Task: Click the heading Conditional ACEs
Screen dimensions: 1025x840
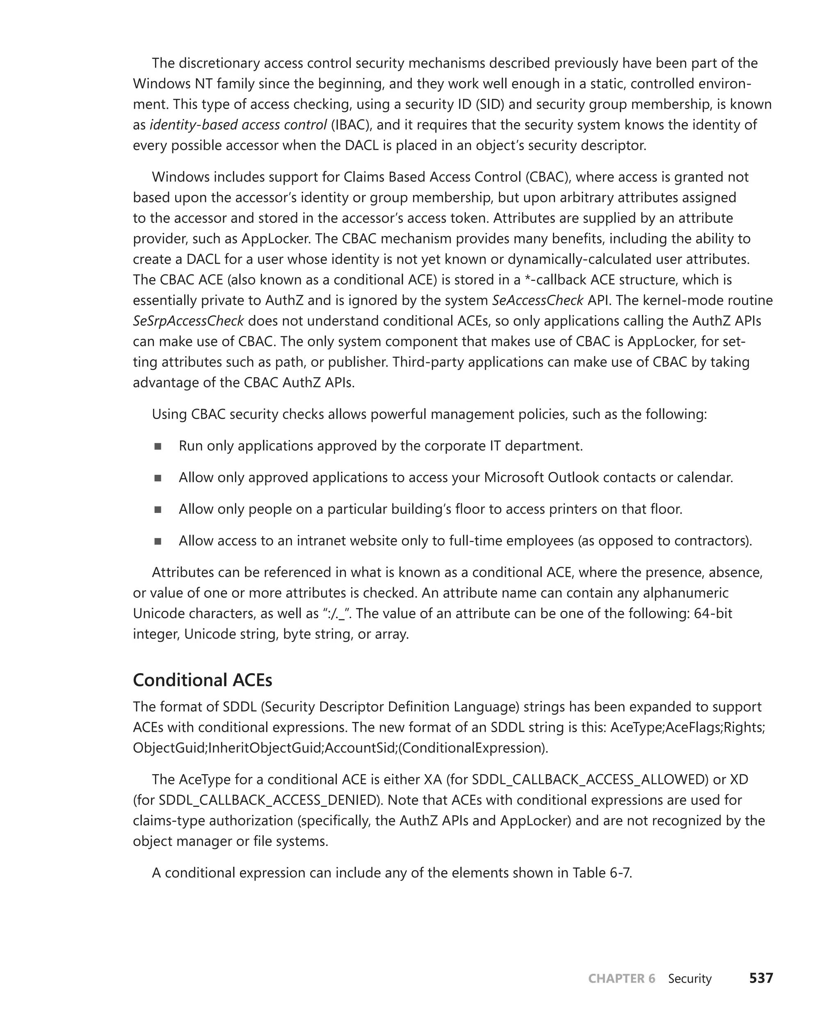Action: coord(202,680)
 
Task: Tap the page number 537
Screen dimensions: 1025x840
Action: coord(761,978)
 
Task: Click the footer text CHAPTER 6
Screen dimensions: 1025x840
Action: coord(621,979)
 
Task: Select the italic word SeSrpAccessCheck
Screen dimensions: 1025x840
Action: coord(188,321)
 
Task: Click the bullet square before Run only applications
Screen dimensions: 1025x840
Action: coord(158,446)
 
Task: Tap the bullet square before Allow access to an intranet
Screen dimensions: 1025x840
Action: coord(158,541)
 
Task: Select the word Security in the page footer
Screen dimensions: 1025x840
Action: coord(689,979)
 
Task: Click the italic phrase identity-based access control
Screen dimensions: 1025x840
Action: coord(238,125)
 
